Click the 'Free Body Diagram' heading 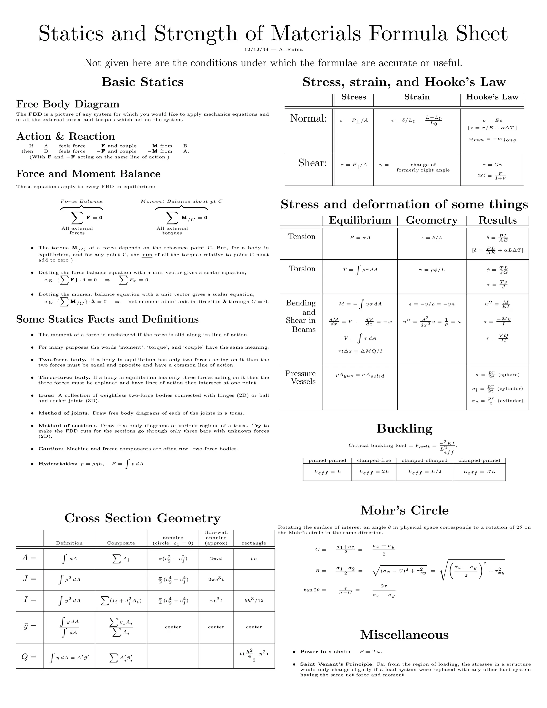pyautogui.click(x=68, y=104)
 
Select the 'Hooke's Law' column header pyautogui.click(x=492, y=97)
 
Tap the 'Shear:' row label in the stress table pyautogui.click(x=312, y=163)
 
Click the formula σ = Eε pyautogui.click(x=492, y=120)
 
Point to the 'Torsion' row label pyautogui.click(x=302, y=269)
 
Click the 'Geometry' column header pyautogui.click(x=432, y=220)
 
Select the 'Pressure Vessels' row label pyautogui.click(x=300, y=377)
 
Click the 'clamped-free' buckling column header pyautogui.click(x=374, y=460)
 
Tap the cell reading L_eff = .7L pyautogui.click(x=479, y=472)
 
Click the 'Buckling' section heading pyautogui.click(x=404, y=429)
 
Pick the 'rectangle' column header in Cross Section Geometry pyautogui.click(x=254, y=543)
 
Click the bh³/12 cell pyautogui.click(x=254, y=600)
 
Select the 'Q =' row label pyautogui.click(x=29, y=657)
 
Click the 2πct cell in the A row pyautogui.click(x=216, y=559)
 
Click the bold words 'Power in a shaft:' pyautogui.click(x=325, y=652)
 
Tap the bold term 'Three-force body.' pyautogui.click(x=64, y=377)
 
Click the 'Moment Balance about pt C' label pyautogui.click(x=181, y=201)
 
